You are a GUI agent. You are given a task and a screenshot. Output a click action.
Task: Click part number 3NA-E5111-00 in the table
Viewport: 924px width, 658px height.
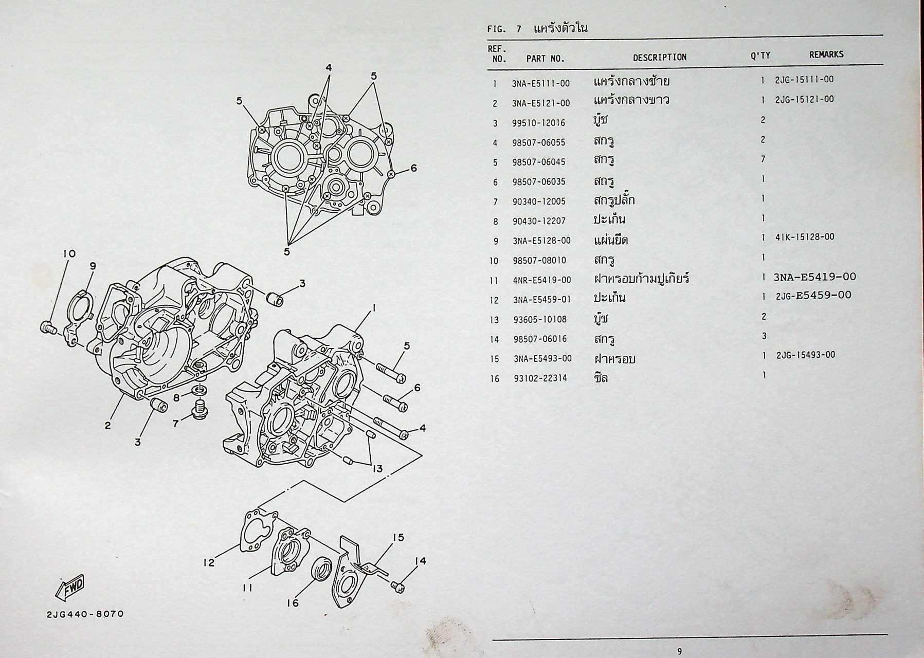pos(540,83)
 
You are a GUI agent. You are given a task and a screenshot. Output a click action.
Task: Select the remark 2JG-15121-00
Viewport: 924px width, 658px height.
pos(804,99)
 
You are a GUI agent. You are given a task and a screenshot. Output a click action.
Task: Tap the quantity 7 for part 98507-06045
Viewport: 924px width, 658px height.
pos(763,159)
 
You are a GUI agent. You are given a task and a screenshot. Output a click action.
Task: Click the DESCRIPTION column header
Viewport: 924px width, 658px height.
pos(659,58)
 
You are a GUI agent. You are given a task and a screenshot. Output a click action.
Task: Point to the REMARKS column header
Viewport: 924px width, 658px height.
pos(826,54)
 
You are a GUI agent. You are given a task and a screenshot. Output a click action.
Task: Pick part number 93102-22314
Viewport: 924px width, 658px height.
pos(540,378)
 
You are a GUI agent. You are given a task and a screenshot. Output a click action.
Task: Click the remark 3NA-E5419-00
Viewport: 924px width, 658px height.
pos(814,277)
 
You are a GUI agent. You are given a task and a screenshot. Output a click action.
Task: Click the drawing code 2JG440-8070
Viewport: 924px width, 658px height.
pos(85,614)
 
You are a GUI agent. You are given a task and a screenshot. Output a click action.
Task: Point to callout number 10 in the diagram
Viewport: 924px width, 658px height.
pos(69,253)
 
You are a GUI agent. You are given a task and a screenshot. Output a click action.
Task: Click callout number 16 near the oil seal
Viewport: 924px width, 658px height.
pos(293,603)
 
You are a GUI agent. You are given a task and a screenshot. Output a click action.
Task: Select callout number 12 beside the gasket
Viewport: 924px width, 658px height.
pos(208,563)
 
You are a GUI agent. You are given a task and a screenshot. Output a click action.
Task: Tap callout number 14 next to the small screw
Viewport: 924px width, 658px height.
pos(421,561)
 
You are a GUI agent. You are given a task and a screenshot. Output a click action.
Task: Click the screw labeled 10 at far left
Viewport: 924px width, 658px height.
pos(48,326)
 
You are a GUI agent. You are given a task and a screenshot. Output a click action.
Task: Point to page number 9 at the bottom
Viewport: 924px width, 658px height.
pos(680,651)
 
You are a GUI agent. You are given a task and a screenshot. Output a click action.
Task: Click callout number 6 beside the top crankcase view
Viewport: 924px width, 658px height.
pos(413,168)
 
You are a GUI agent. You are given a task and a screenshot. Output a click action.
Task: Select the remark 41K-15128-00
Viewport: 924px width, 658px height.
pos(805,237)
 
